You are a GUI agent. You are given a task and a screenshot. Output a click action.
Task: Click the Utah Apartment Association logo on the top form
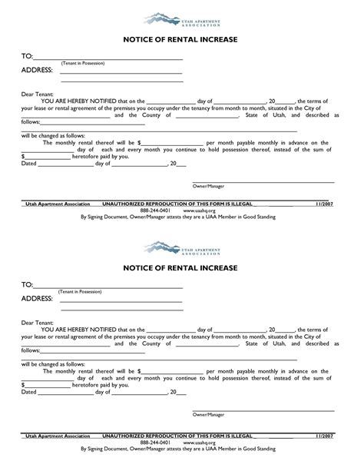click(x=181, y=16)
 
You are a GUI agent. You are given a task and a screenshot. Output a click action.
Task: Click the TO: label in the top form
click(x=27, y=56)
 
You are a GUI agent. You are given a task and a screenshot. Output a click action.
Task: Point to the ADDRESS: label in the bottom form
click(x=37, y=298)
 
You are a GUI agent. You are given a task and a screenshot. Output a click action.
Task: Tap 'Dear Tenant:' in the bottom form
click(x=37, y=323)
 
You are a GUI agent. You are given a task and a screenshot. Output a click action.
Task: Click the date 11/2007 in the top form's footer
click(x=326, y=204)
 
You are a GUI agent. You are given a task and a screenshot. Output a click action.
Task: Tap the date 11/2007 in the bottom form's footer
click(x=326, y=435)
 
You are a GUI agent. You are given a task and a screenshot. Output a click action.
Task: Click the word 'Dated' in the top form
click(x=28, y=163)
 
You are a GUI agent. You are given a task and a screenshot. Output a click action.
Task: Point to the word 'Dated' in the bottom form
click(x=28, y=392)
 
